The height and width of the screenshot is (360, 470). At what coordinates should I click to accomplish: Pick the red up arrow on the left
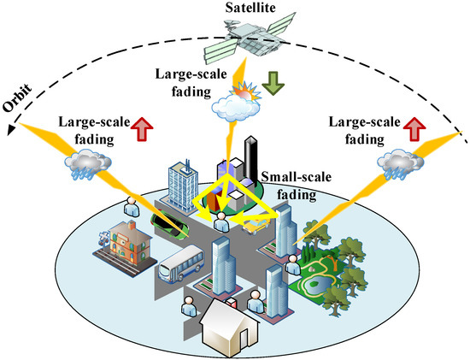coord(141,130)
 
